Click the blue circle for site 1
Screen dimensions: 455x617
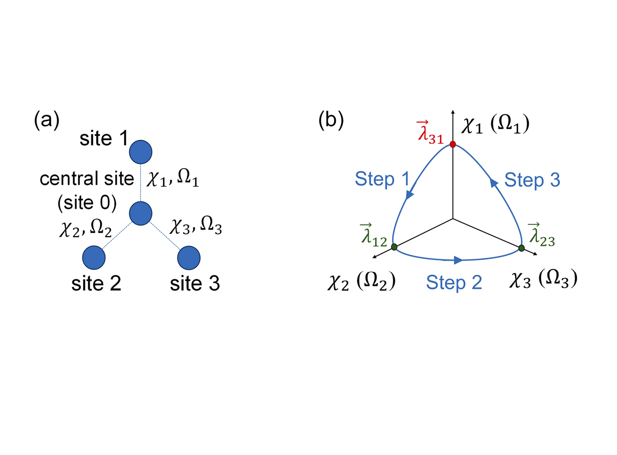[x=141, y=152]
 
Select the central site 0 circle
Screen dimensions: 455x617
[x=141, y=213]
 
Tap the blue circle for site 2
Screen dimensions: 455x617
[x=94, y=257]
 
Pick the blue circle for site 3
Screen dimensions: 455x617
[x=189, y=257]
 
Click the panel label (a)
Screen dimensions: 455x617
[x=47, y=120]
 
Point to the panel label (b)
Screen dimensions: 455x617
[x=331, y=120]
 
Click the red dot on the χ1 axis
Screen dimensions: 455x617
[x=453, y=144]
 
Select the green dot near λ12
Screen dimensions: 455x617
[x=394, y=247]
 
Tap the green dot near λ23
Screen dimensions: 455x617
[x=522, y=248]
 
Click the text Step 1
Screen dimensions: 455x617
[x=382, y=179]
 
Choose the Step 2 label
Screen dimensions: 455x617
[x=454, y=282]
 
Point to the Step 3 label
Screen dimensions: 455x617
[x=532, y=180]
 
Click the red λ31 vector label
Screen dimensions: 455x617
[x=430, y=133]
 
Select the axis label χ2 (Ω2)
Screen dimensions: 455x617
[x=361, y=281]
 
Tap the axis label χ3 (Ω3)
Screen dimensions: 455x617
[x=543, y=279]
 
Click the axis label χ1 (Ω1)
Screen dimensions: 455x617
[x=495, y=124]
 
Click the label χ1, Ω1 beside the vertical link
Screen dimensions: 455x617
[x=173, y=178]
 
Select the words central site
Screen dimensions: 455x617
[x=87, y=179]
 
